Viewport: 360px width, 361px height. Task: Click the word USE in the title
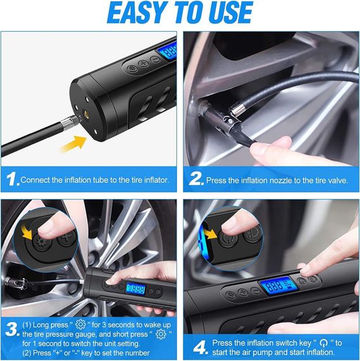click(x=232, y=12)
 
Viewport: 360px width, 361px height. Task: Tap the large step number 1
click(x=12, y=179)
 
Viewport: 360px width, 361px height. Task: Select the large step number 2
click(x=196, y=179)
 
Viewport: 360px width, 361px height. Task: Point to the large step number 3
click(x=12, y=329)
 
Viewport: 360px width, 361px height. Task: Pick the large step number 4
click(x=200, y=348)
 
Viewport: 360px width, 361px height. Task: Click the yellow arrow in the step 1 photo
click(x=73, y=143)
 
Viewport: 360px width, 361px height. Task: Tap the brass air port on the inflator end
click(x=87, y=113)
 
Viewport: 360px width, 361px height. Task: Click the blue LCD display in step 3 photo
click(x=136, y=289)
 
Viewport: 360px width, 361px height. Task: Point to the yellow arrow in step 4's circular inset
click(x=211, y=234)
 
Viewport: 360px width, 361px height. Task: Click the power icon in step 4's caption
click(x=324, y=343)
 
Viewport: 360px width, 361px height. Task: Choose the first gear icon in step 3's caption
click(x=80, y=324)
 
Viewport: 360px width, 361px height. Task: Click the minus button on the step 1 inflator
click(x=156, y=59)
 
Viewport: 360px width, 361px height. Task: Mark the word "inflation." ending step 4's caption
click(x=318, y=352)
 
